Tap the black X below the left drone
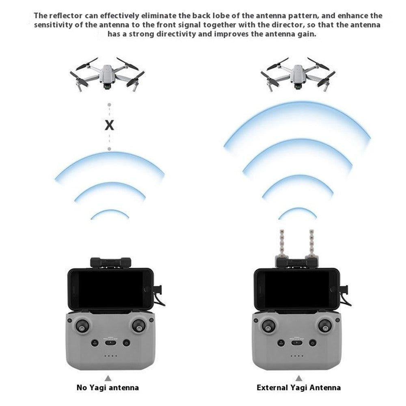(109, 125)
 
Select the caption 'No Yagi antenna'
(108, 387)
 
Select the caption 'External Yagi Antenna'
(299, 387)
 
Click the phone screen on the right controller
(296, 289)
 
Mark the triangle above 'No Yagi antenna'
(108, 377)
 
